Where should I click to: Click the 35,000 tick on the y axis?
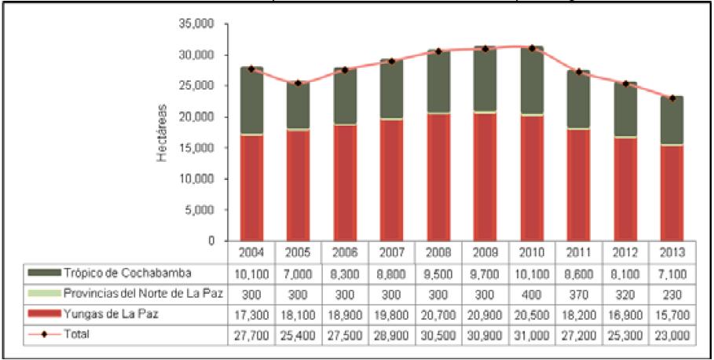(200, 24)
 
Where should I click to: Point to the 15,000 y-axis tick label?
(200, 148)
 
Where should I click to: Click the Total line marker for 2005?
(298, 83)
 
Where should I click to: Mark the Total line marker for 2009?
(485, 49)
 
